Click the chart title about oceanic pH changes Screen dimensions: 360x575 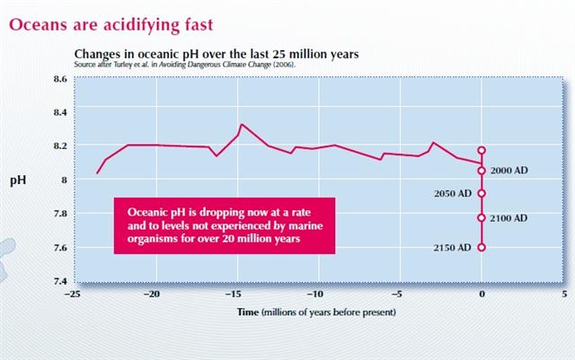[x=217, y=54]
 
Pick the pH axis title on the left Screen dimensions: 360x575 [x=17, y=180]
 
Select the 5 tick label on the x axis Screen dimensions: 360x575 [x=563, y=294]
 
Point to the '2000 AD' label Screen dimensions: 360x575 [x=509, y=171]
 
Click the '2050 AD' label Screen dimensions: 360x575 [x=453, y=194]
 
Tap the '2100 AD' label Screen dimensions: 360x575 [x=509, y=218]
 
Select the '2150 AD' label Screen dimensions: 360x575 [x=453, y=247]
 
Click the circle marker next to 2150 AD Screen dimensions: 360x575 [x=482, y=247]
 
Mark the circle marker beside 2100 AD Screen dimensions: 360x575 [x=482, y=217]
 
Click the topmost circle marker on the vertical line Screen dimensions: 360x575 [x=482, y=151]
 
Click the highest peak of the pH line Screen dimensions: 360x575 [x=242, y=125]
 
